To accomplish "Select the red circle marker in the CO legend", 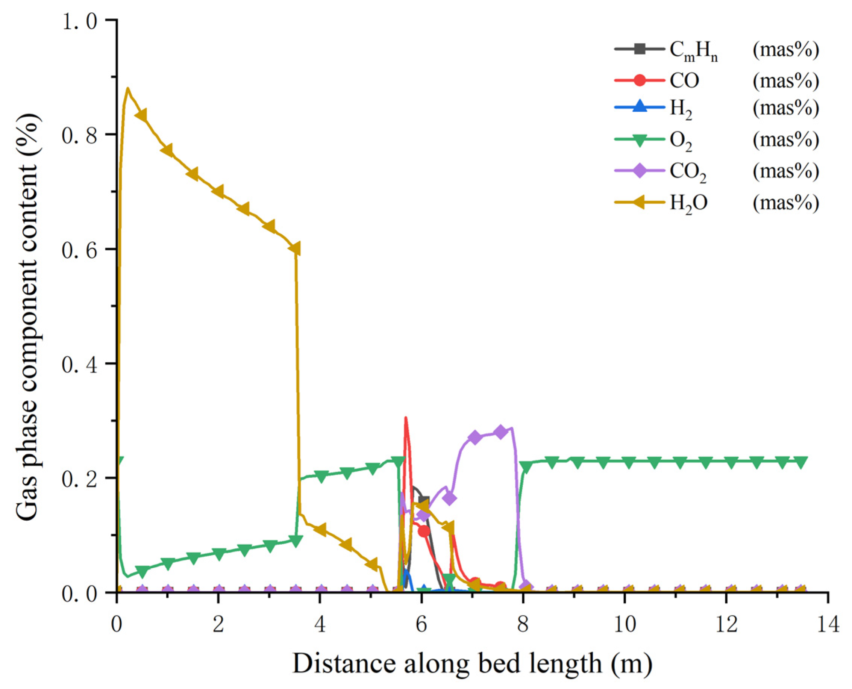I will pos(640,80).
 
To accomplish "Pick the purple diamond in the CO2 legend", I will pos(640,171).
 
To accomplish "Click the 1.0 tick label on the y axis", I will pos(79,21).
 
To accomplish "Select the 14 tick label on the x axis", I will pos(828,624).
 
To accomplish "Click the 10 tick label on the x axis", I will pos(625,624).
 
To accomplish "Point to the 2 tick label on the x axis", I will pos(218,624).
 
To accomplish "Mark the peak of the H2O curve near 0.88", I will pos(127,88).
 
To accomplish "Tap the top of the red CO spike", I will pos(405,418).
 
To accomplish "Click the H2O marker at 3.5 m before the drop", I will pos(294,249).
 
